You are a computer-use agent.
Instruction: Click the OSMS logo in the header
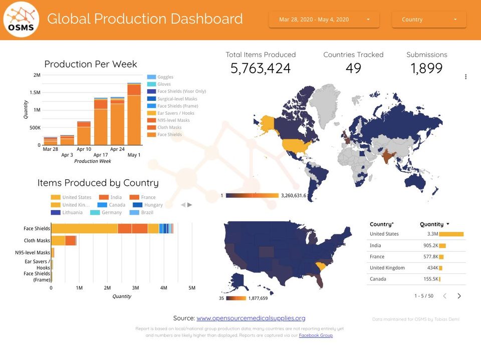[21, 20]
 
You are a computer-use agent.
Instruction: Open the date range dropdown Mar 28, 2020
[324, 20]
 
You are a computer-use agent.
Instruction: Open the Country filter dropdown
[428, 20]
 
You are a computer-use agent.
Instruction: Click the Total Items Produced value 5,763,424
[261, 69]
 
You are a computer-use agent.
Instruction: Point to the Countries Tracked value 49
[353, 69]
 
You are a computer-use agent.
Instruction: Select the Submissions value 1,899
[426, 69]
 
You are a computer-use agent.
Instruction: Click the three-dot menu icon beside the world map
[466, 77]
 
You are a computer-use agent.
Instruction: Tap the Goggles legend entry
[165, 77]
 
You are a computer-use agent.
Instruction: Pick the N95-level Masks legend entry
[173, 120]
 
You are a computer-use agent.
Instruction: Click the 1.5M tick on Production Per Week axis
[35, 93]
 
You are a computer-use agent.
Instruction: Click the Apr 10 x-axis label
[84, 149]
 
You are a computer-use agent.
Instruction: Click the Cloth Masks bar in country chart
[63, 241]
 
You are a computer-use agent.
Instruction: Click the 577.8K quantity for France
[430, 256]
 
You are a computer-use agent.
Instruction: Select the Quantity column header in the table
[432, 224]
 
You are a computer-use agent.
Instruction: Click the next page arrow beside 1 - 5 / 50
[459, 296]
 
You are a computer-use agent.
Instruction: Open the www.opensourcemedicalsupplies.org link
[251, 318]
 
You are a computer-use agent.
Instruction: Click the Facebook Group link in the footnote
[316, 335]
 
